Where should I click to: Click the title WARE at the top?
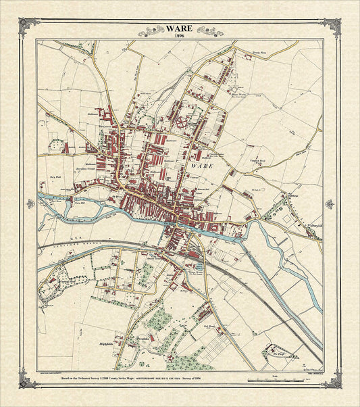coord(179,29)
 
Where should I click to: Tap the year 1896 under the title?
coord(179,37)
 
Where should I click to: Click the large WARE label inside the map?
coord(202,165)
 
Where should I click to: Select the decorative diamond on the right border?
coord(330,203)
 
